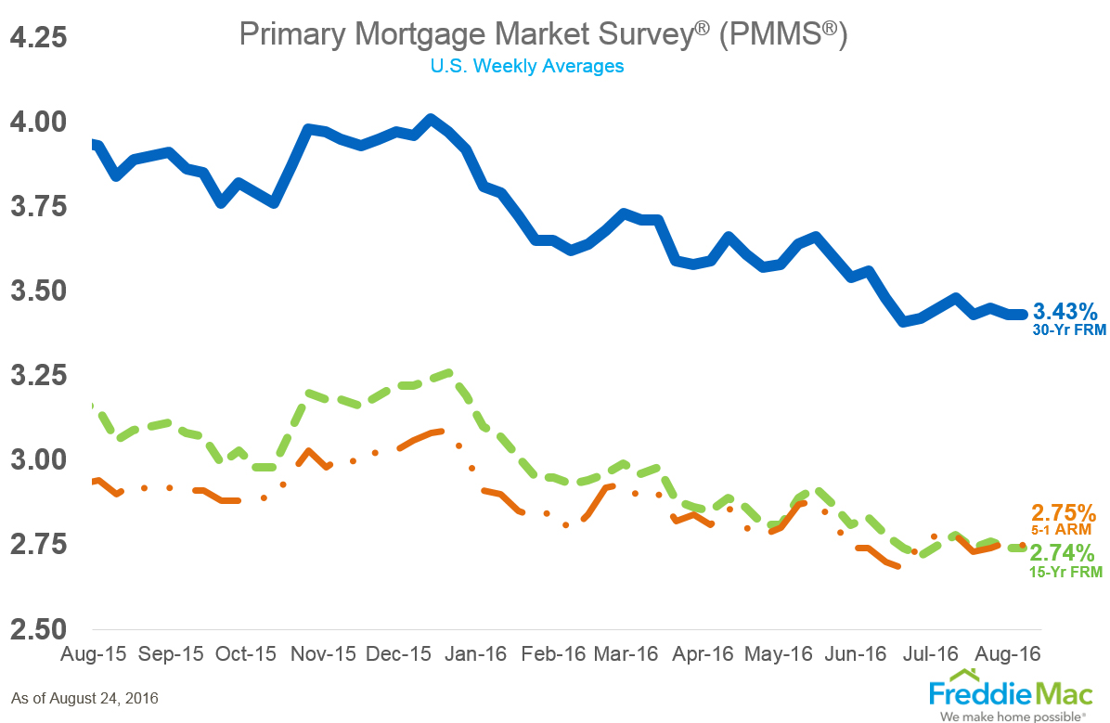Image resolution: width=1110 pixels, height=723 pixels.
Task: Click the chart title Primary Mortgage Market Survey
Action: tap(543, 34)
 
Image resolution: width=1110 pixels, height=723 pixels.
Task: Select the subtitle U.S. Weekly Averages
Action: tap(526, 67)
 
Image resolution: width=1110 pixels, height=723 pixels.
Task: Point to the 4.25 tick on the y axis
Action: tap(39, 38)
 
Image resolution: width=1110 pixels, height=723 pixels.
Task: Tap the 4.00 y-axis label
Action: tap(39, 123)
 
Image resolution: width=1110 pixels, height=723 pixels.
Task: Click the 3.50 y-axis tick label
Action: tap(39, 291)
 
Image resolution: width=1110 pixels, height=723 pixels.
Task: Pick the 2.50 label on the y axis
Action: tap(39, 629)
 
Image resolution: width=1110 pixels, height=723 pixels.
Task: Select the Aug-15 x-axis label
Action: tap(93, 653)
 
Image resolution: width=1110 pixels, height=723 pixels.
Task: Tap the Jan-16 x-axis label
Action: tap(476, 653)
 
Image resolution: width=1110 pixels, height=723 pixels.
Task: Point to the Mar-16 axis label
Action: tap(626, 653)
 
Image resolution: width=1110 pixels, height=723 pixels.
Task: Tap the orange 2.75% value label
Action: tap(1064, 512)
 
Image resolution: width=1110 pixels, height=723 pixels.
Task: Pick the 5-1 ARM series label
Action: tap(1065, 530)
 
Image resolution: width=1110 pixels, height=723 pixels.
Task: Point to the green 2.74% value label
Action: tap(1064, 554)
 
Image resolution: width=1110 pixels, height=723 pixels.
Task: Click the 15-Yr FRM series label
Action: tap(1065, 573)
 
